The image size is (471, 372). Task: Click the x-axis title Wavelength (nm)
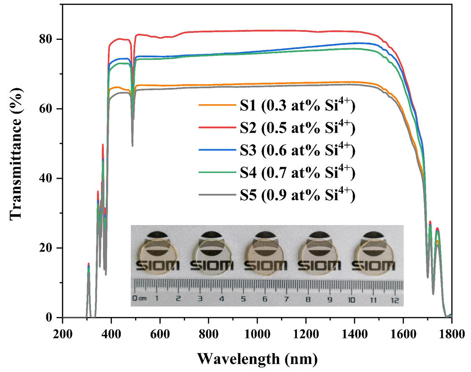(x=257, y=358)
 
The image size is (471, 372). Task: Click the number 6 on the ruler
(x=265, y=299)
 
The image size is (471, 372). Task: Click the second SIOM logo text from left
(x=209, y=265)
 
